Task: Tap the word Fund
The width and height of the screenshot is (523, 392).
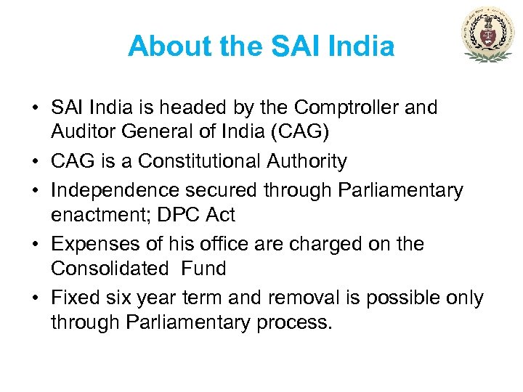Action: point(203,269)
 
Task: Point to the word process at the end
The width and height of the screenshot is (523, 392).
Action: point(291,323)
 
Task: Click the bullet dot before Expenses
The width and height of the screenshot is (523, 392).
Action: point(36,244)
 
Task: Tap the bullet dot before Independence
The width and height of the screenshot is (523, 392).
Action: point(36,191)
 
